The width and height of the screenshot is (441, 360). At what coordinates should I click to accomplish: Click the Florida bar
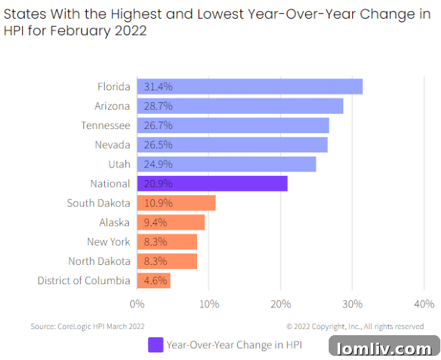click(249, 87)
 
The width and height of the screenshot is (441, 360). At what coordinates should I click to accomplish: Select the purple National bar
click(212, 184)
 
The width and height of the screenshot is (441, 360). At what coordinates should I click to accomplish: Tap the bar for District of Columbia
click(154, 281)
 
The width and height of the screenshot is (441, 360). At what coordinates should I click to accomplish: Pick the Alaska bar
click(171, 223)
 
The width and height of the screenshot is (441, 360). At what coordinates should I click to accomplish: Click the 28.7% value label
click(158, 106)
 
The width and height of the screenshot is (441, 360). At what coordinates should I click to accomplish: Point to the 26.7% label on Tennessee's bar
click(158, 126)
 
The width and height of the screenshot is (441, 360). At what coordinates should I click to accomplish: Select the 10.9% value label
click(158, 203)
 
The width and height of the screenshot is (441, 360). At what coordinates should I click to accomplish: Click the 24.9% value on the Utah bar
click(158, 164)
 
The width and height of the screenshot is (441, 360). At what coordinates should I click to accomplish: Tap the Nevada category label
click(112, 145)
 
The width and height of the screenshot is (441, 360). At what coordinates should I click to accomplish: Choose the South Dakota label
click(99, 203)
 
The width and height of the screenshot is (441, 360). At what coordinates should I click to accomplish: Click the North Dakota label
click(99, 261)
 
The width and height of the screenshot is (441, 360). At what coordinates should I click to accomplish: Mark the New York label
click(108, 242)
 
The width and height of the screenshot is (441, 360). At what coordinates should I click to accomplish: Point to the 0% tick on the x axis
click(137, 303)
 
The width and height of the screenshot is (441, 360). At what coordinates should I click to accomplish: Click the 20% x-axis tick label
click(280, 303)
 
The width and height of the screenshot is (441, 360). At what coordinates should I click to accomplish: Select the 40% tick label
click(424, 303)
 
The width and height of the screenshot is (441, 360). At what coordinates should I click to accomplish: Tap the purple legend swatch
click(156, 344)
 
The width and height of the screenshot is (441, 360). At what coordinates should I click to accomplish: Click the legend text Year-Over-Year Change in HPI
click(234, 344)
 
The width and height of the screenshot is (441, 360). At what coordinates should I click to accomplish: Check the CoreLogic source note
click(88, 326)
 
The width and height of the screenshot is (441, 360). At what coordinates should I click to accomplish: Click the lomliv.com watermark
click(384, 347)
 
